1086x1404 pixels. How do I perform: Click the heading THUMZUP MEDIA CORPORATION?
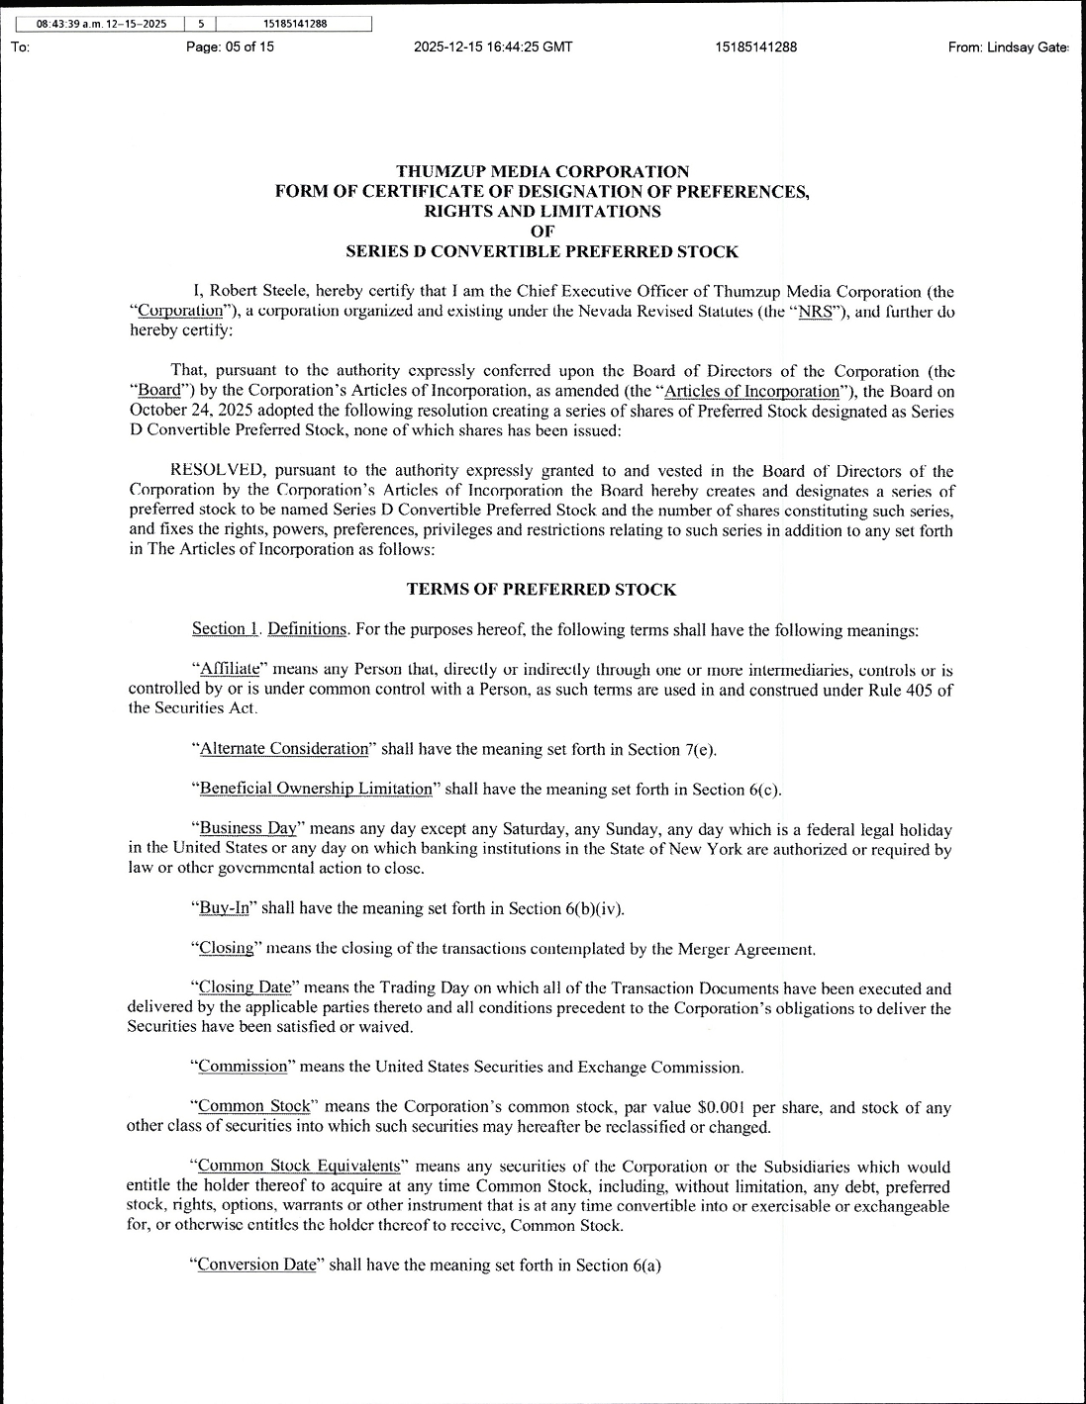542,172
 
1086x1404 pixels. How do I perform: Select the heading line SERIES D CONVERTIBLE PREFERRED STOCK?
542,251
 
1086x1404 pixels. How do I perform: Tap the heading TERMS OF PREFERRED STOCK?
542,590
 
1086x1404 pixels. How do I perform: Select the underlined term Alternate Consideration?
284,749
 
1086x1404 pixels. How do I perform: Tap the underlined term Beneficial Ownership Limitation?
316,789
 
